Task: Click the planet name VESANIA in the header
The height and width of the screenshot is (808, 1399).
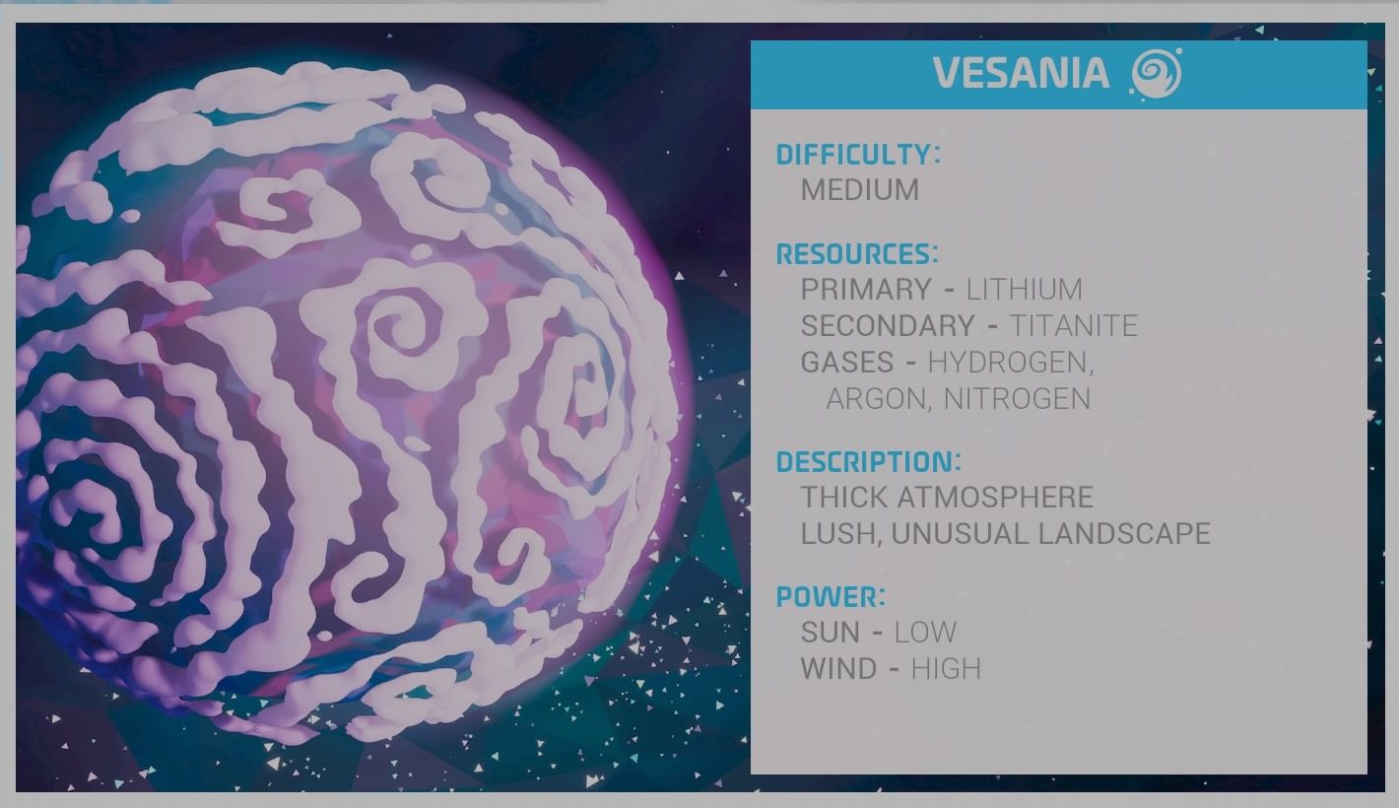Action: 1021,73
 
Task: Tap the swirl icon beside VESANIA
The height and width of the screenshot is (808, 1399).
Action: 1156,73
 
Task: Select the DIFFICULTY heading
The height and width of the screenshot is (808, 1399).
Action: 858,155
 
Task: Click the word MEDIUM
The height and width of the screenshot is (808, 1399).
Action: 860,190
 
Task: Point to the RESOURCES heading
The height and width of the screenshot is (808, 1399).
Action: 857,254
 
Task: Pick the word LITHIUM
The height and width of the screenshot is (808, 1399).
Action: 1025,289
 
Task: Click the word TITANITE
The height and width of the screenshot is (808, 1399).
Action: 1074,325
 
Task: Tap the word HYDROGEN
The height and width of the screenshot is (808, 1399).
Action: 1009,363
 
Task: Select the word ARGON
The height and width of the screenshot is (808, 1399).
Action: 876,399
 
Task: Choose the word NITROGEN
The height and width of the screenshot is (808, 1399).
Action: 1017,399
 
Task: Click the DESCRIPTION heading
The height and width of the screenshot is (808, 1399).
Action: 868,462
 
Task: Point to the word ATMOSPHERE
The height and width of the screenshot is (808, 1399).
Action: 995,497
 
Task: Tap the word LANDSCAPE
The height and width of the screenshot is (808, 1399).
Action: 1124,533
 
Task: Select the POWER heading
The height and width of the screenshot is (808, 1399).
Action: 831,596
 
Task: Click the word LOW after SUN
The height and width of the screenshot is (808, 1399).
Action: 925,632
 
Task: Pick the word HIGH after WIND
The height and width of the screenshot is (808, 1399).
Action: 946,669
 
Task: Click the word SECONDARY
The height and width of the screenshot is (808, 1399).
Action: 888,325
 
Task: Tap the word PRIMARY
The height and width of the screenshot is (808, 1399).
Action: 866,289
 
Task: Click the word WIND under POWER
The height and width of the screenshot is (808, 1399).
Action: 838,669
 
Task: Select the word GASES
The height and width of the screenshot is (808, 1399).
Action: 847,363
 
